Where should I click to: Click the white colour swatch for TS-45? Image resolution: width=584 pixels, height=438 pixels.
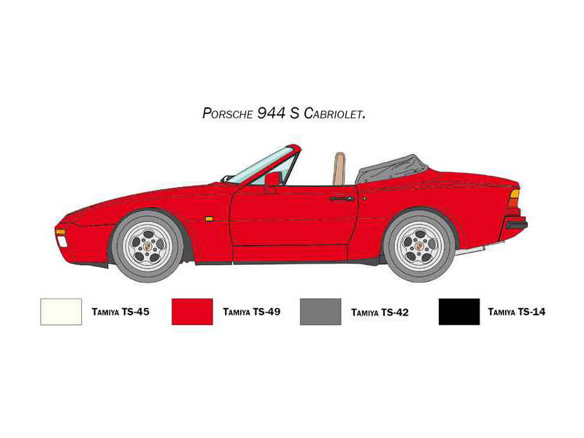tap(61, 312)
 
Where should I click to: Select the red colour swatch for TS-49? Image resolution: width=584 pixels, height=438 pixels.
tap(192, 312)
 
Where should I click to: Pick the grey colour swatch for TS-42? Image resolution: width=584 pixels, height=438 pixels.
tap(320, 312)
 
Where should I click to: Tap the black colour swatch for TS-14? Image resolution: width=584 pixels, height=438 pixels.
tap(459, 312)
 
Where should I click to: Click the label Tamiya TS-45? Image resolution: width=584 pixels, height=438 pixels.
tap(120, 312)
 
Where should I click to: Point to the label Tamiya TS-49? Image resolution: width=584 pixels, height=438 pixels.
tap(251, 312)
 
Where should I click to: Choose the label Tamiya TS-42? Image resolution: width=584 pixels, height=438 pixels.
tap(380, 312)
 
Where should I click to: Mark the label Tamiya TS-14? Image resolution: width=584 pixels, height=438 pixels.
tap(517, 312)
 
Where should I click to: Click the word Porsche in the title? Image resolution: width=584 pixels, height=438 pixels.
tap(228, 113)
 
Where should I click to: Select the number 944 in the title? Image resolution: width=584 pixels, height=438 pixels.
tap(271, 113)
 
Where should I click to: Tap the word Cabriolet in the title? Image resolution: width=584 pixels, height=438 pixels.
tap(334, 113)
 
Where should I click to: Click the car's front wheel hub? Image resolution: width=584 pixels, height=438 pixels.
tap(148, 246)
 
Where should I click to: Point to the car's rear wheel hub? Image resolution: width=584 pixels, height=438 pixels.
tap(420, 246)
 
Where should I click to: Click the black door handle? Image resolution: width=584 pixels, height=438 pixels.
tap(341, 199)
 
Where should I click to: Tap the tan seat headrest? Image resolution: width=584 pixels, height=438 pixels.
tap(339, 169)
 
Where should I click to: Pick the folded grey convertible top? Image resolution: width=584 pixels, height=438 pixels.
tap(391, 169)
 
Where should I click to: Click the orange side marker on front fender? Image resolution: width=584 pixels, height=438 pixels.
tap(209, 219)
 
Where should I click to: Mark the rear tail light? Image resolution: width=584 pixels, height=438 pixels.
tap(514, 198)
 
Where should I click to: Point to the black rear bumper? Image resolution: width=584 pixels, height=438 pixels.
tap(516, 224)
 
